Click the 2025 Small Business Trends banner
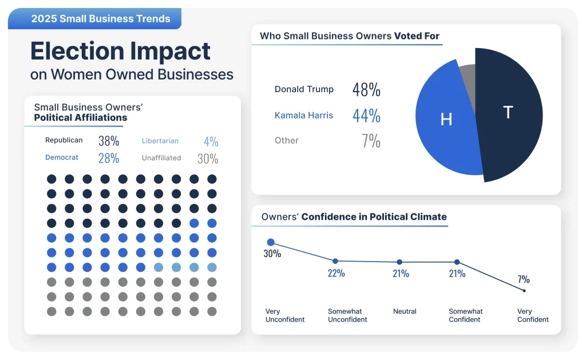101,18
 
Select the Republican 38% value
109,141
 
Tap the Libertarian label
160,141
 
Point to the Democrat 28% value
109,158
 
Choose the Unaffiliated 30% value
208,159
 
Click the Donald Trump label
304,89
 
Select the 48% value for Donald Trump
366,90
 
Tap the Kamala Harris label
304,115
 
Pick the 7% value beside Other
371,141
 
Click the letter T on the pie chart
508,112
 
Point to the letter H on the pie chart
446,119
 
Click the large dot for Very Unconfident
271,243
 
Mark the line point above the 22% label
335,261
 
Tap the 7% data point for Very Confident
524,291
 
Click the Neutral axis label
405,311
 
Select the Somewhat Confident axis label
465,315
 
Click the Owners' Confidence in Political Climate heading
354,217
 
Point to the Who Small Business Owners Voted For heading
350,36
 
